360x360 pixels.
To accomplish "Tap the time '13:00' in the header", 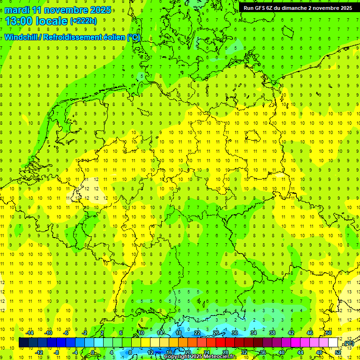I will click(x=20, y=21).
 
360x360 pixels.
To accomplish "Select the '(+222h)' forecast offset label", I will click(x=83, y=21).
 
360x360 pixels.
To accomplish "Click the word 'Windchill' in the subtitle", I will click(x=22, y=37).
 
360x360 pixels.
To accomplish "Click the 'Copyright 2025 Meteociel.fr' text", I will click(x=199, y=357).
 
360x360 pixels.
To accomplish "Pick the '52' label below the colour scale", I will click(x=338, y=352).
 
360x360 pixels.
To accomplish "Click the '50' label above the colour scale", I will click(x=329, y=333).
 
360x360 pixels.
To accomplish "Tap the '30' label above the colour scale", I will click(x=235, y=333).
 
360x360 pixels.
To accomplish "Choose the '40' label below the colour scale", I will click(x=282, y=352).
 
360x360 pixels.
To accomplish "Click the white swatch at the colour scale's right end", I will click(x=333, y=343).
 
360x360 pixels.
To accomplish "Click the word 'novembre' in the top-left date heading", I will click(x=65, y=10).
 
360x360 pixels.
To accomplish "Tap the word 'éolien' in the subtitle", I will click(x=113, y=37).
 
